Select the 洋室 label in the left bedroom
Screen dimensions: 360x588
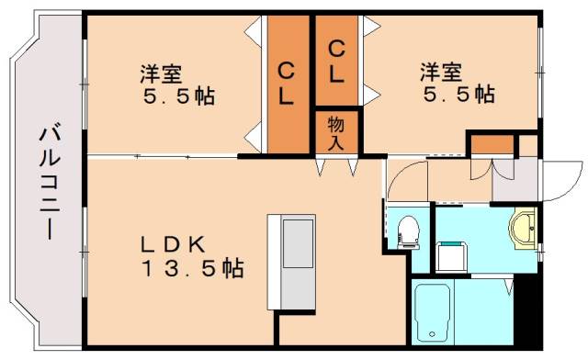tap(160, 71)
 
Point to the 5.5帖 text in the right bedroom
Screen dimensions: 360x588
tap(458, 96)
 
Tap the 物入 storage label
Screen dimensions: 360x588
tap(336, 132)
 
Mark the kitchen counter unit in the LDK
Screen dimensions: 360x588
tap(292, 262)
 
